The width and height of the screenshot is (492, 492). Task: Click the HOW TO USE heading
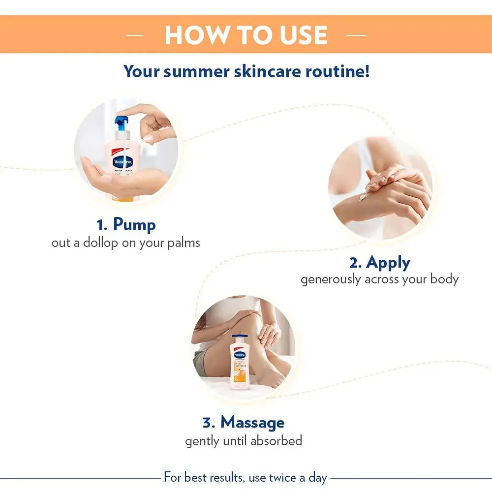click(246, 35)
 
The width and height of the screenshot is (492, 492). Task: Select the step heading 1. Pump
click(126, 224)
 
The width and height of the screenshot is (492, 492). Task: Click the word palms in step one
click(183, 243)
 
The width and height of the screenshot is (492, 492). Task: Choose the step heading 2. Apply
click(379, 262)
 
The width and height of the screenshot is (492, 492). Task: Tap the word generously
click(331, 279)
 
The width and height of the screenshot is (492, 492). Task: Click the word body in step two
click(444, 279)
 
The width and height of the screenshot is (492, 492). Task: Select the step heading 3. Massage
click(243, 422)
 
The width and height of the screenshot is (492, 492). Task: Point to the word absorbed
click(276, 440)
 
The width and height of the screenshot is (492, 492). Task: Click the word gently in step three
click(202, 441)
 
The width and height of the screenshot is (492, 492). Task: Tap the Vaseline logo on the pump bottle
click(121, 161)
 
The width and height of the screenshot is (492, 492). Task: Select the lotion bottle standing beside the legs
click(240, 362)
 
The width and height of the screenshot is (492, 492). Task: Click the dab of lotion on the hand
click(363, 197)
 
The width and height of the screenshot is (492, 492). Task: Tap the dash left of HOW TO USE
click(135, 35)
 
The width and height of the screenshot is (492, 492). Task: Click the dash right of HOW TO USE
click(356, 35)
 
